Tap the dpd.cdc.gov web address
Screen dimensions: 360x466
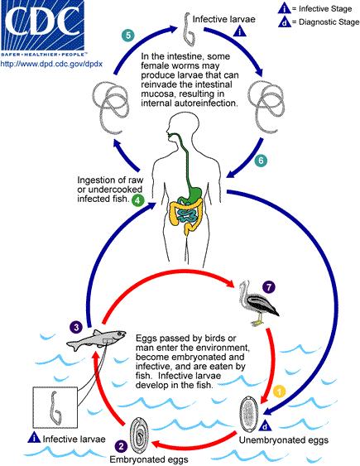(x=51, y=64)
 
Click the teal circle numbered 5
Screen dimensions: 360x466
(x=128, y=36)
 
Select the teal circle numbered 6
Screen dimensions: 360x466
(x=261, y=161)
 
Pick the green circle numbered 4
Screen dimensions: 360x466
(x=137, y=200)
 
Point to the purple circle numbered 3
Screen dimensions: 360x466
(x=76, y=327)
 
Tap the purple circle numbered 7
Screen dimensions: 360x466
(x=269, y=287)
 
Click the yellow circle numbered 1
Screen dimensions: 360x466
(x=280, y=392)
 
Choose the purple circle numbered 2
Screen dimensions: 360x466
(x=121, y=446)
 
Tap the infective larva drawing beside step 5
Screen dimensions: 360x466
(x=188, y=30)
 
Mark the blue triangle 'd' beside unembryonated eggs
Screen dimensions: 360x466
(x=265, y=426)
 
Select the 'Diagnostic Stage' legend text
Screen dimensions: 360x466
(x=329, y=22)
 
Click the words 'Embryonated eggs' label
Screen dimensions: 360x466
(x=149, y=459)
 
